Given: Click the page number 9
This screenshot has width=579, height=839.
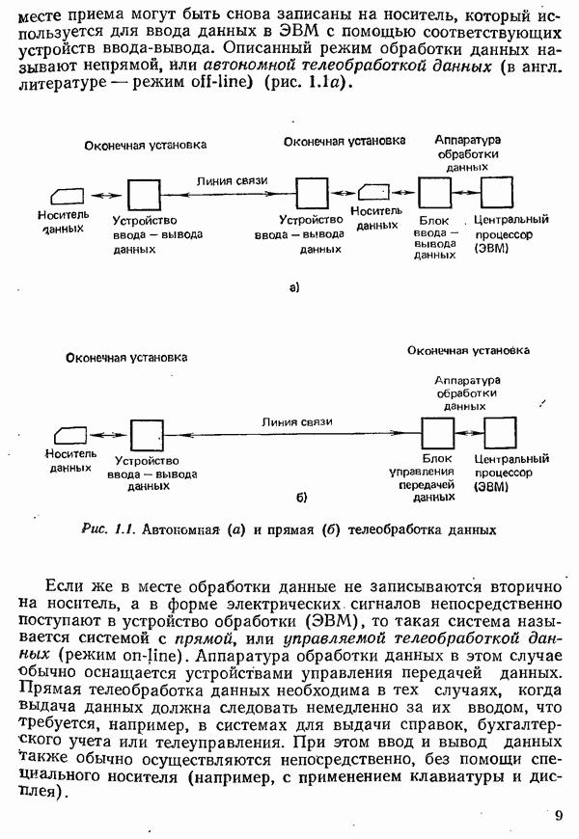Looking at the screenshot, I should [559, 817].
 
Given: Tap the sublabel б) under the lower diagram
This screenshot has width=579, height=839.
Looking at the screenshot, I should [301, 498].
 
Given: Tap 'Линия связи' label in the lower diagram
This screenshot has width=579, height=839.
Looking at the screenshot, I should [296, 421].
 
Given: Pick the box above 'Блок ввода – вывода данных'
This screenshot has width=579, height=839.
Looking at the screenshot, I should [434, 194].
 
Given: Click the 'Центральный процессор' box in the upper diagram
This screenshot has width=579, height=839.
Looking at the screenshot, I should [496, 194].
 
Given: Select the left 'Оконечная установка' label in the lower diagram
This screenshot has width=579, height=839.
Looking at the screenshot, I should [126, 357].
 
